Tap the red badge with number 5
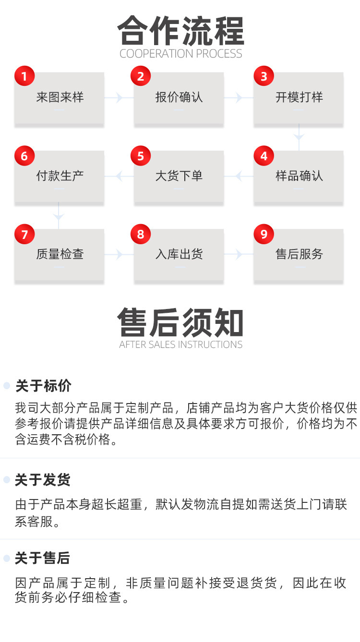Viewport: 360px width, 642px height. coord(141,156)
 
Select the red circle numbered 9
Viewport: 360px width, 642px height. coord(264,234)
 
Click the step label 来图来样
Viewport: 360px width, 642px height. coord(60,97)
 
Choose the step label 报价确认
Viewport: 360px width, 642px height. coord(179,97)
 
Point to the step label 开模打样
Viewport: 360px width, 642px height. coord(299,97)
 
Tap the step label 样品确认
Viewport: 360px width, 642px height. coord(299,176)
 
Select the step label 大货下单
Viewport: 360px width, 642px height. coord(179,176)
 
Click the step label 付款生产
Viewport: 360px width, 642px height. coord(60,176)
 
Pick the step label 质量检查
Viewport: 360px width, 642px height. coord(60,254)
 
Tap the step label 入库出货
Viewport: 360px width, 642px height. coord(179,254)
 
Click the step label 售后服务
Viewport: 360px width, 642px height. coord(299,254)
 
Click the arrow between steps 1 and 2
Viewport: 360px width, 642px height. coord(117,98)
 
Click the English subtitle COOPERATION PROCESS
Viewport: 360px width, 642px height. coord(181,53)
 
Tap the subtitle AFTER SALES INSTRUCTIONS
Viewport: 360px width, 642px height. coord(181,345)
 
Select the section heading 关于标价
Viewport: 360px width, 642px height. coord(43,386)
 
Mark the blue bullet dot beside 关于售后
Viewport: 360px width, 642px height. coord(7,558)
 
